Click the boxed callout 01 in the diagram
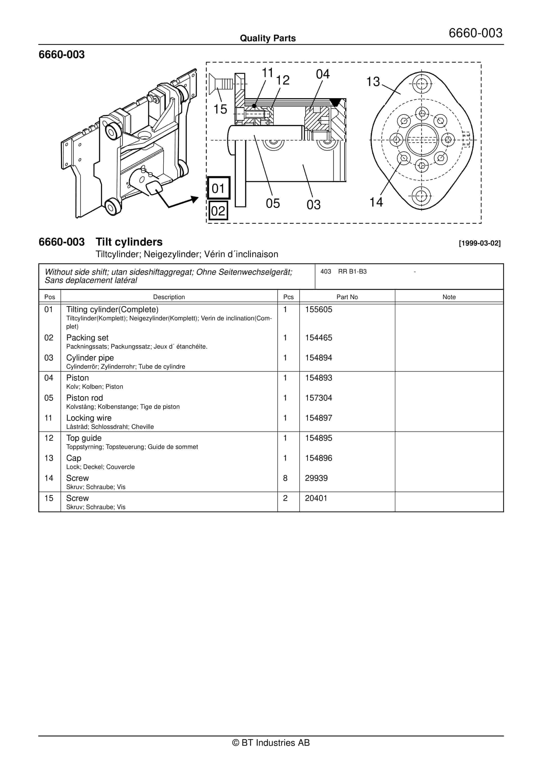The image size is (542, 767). [x=219, y=188]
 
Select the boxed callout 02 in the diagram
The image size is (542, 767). [x=218, y=211]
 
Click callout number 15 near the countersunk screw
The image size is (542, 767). [x=220, y=109]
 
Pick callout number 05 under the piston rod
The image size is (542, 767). [x=273, y=203]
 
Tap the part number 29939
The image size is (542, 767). [x=316, y=478]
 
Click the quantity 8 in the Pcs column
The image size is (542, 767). [x=285, y=478]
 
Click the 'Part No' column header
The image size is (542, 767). [x=347, y=297]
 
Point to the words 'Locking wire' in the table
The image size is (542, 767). [x=89, y=418]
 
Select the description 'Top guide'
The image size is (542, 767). [x=84, y=438]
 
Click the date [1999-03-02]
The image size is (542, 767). [x=480, y=243]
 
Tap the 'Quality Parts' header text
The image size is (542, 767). [x=268, y=38]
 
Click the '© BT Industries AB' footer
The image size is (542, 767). [x=271, y=743]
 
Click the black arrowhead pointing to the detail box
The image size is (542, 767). [x=194, y=200]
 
